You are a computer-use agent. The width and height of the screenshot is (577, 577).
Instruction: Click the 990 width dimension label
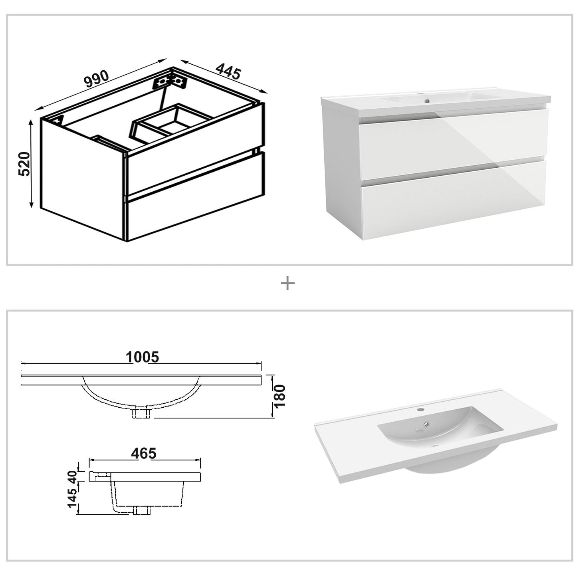[x=96, y=78]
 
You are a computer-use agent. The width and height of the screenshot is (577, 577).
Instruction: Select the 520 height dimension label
[x=24, y=164]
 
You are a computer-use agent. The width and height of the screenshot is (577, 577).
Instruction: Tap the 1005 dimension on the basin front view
[x=142, y=357]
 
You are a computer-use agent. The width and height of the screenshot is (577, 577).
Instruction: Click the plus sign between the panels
[x=288, y=284]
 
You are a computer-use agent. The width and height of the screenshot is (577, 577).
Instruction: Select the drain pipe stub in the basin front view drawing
[x=143, y=412]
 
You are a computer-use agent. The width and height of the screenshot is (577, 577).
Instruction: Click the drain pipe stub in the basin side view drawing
[x=142, y=510]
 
